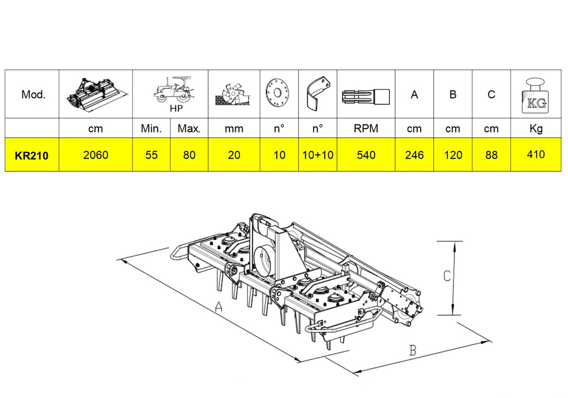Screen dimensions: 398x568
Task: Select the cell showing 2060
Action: [x=96, y=155]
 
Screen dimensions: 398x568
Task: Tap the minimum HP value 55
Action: [x=151, y=155]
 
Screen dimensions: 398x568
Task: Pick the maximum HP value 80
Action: [x=189, y=155]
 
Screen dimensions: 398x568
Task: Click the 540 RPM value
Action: [x=365, y=155]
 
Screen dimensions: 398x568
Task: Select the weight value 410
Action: [x=535, y=154]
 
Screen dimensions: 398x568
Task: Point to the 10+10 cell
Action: [x=318, y=155]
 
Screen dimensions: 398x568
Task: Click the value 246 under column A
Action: [x=414, y=155]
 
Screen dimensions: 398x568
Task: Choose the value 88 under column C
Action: [x=492, y=155]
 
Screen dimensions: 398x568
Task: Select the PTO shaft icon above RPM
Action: [x=365, y=94]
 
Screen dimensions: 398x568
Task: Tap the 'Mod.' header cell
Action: [x=33, y=95]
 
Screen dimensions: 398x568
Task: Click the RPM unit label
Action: [x=365, y=129]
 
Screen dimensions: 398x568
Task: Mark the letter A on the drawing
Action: [x=219, y=308]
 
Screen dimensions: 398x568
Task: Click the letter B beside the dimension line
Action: [x=412, y=350]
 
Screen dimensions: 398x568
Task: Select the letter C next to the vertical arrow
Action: [x=446, y=275]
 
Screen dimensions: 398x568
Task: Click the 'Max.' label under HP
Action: [x=189, y=129]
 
